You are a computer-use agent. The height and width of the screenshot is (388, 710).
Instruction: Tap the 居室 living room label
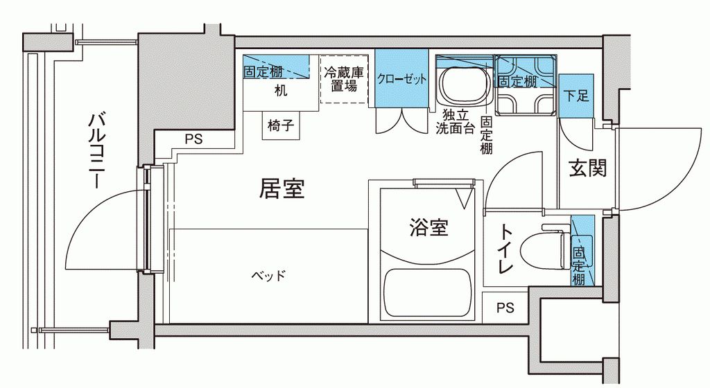coord(282,188)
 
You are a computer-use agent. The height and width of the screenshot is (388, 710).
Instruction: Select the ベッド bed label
coord(268,276)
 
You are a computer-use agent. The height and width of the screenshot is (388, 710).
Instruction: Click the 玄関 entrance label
coord(588,168)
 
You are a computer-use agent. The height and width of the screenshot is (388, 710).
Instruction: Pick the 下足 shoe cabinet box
coord(576,96)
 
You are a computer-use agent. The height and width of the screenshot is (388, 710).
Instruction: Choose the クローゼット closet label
coord(401,79)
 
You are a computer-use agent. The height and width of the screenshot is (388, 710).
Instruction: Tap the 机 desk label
coord(280,91)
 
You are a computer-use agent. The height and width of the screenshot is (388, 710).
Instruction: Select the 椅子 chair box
coord(282,127)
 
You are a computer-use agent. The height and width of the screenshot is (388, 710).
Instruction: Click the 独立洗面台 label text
coord(454,122)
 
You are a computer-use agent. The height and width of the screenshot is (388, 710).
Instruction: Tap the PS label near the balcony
coord(193,139)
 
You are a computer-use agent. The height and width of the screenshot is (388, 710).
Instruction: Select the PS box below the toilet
coord(505,307)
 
